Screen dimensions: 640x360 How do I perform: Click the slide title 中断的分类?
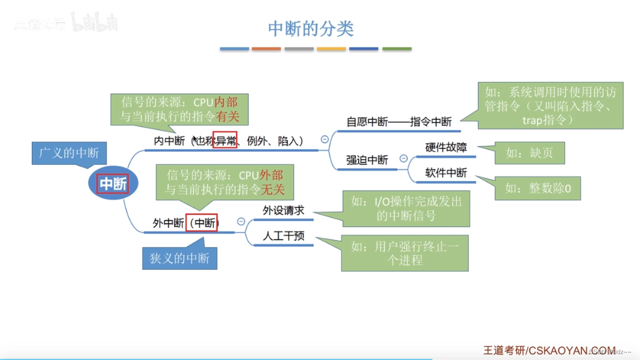tap(311, 28)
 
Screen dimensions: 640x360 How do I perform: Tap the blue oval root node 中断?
tap(113, 184)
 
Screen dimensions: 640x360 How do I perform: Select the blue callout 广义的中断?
tap(69, 153)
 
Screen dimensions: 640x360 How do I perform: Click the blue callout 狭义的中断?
tap(180, 258)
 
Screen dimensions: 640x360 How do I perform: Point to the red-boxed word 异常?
tap(225, 141)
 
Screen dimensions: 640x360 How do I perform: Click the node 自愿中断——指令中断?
tap(399, 122)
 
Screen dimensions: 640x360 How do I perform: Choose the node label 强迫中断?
tap(367, 160)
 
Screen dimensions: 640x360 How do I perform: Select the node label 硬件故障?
tap(446, 147)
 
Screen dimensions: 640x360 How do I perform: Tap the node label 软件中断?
tap(446, 173)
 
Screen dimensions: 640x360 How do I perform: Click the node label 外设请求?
tap(283, 210)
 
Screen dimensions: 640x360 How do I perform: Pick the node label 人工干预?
tap(283, 236)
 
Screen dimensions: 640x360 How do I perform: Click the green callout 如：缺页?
tap(529, 153)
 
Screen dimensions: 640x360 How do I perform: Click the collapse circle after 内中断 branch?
tap(325, 140)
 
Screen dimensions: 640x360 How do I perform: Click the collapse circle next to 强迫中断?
tap(403, 158)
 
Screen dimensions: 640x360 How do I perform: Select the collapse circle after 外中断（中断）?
tap(241, 221)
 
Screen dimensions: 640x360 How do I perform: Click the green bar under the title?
tap(396, 49)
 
